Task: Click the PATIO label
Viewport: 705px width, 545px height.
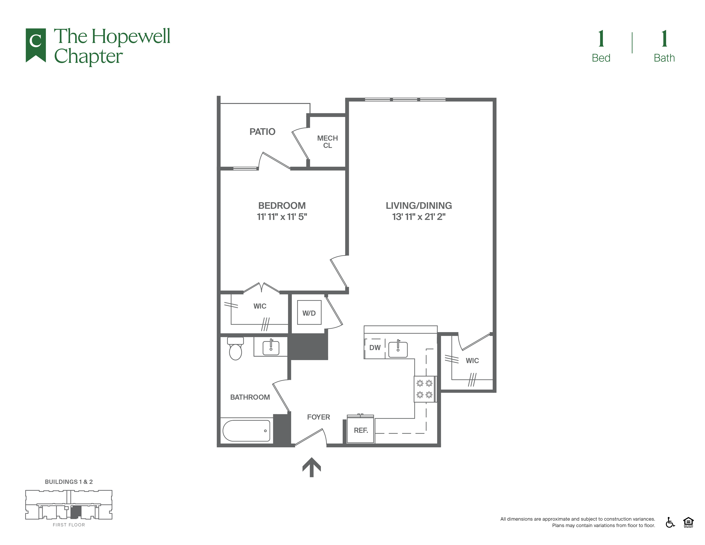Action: coord(262,132)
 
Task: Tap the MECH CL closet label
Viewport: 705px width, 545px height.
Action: coord(327,142)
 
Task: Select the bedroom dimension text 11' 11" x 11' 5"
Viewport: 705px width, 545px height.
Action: coord(282,217)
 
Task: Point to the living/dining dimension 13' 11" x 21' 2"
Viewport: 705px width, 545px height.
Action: coord(419,217)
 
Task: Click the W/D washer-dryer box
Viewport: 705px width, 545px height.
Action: coord(309,312)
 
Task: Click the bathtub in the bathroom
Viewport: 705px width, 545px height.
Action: coord(246,430)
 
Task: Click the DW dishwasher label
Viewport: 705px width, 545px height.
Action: coord(375,348)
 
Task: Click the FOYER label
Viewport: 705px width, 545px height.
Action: coord(318,417)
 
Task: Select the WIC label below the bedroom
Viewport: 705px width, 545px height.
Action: coord(260,306)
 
